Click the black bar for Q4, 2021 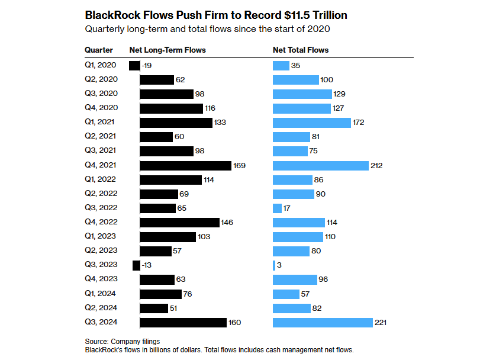coord(185,165)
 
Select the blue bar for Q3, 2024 coord(323,322)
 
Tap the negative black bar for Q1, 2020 coord(134,66)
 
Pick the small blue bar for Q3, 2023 coord(273,265)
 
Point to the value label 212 coord(376,165)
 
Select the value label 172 coord(357,123)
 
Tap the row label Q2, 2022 coord(101,194)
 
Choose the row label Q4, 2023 coord(101,279)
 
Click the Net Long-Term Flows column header coord(168,50)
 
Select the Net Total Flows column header coord(300,50)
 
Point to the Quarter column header coord(99,50)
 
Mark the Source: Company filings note coord(123,342)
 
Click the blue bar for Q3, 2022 coord(277,208)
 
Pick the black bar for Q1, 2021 coord(176,123)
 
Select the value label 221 coord(382,322)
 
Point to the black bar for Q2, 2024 coord(154,308)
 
